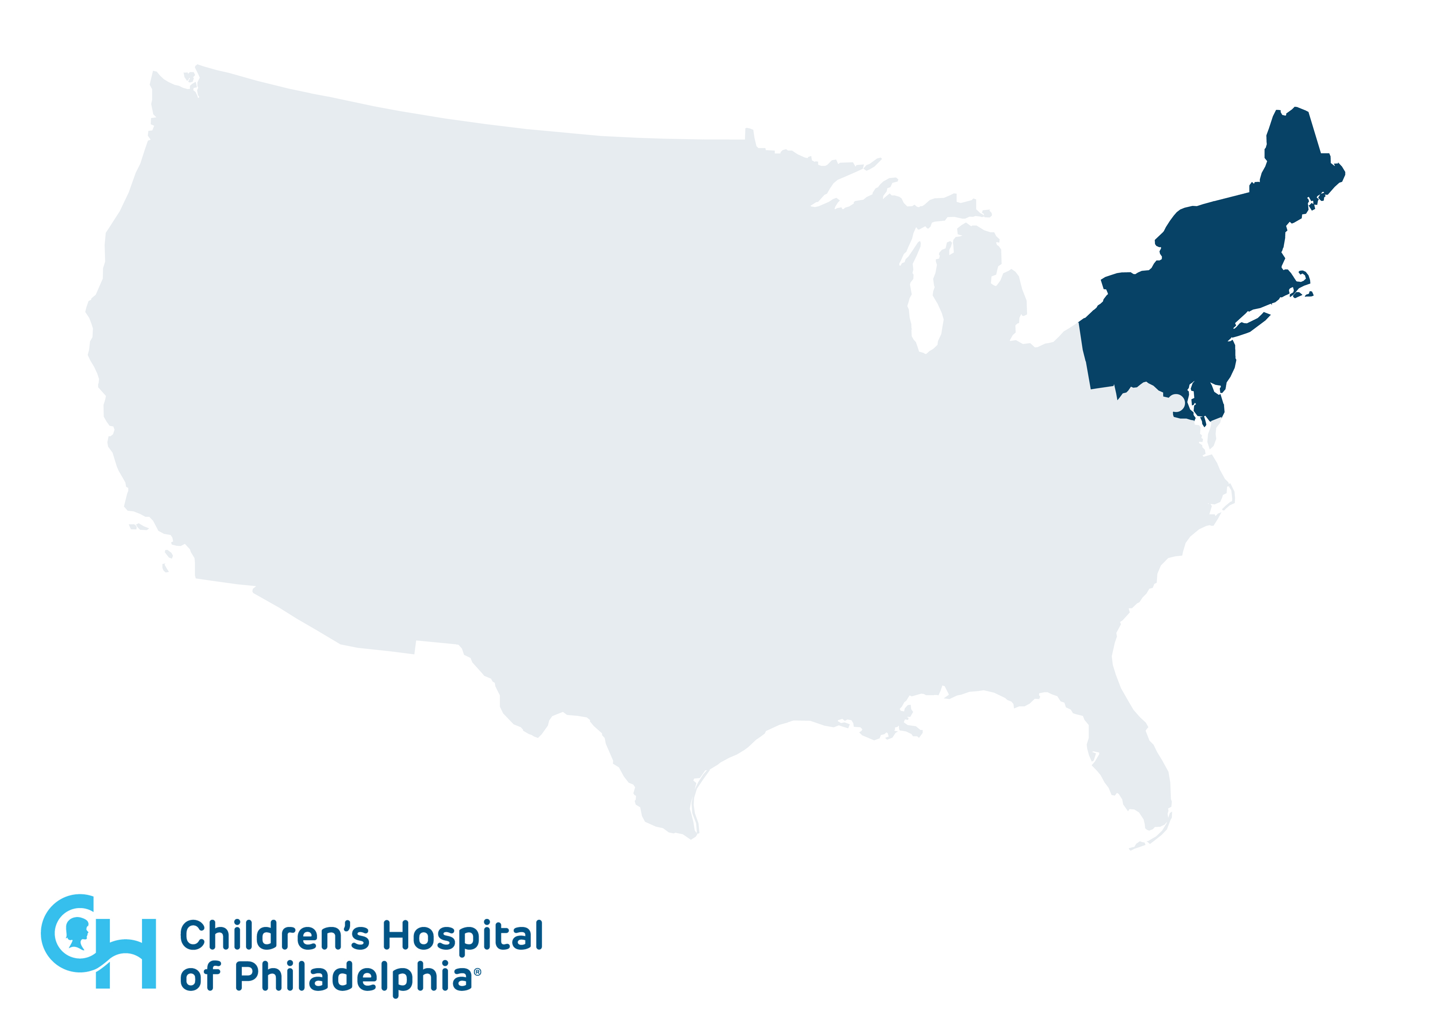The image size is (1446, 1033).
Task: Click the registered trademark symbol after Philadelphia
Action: [478, 972]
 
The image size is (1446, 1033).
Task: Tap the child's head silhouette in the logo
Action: [77, 932]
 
